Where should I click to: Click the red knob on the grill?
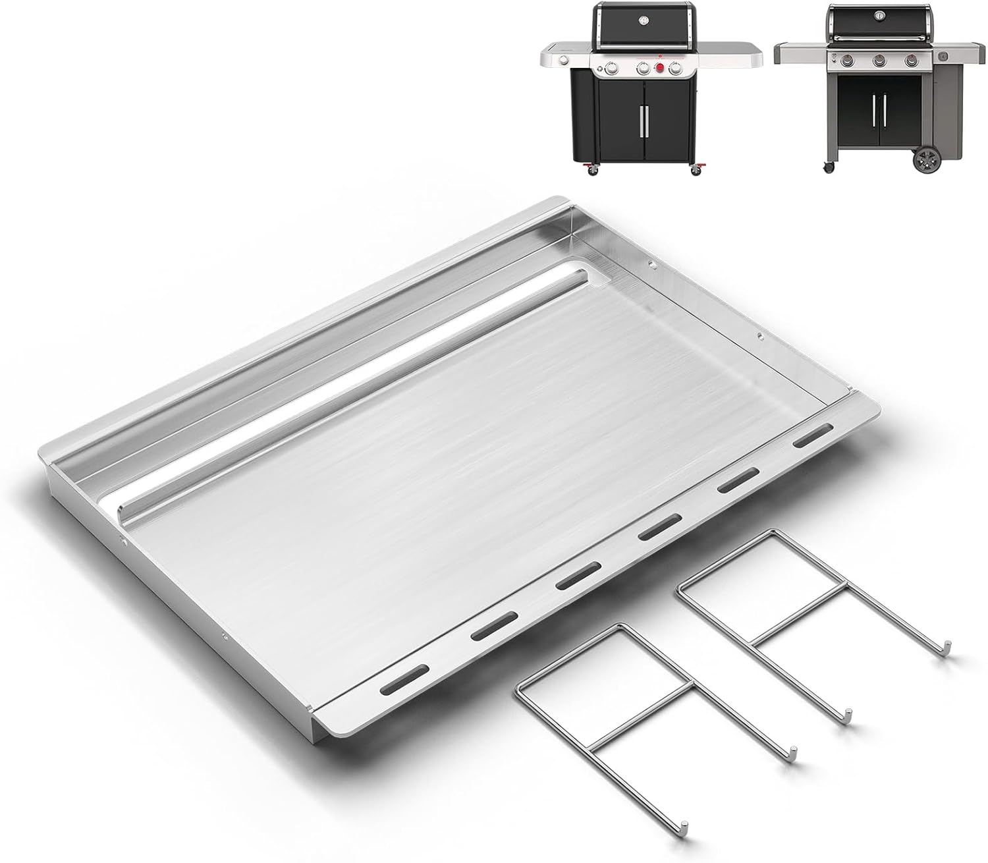tap(659, 67)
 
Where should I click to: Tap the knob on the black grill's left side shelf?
tap(563, 61)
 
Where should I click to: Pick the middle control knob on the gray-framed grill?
tap(879, 61)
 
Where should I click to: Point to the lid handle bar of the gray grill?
tap(879, 38)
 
